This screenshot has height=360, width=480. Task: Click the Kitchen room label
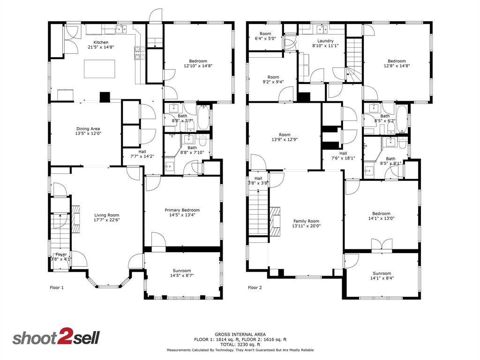tap(101, 42)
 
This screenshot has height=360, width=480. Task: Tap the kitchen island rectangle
tap(100, 69)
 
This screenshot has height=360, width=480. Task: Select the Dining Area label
tap(88, 129)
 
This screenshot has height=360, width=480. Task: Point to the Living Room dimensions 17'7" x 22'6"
tap(107, 220)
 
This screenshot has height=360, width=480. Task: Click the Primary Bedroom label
tap(182, 210)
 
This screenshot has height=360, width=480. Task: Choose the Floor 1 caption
tap(57, 287)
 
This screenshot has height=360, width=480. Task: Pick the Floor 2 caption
tap(255, 287)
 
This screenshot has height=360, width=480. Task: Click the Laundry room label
tap(325, 41)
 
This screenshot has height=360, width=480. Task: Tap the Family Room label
tap(307, 221)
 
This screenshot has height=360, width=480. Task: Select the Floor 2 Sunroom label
tap(382, 273)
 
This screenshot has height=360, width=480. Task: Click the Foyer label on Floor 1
tap(61, 255)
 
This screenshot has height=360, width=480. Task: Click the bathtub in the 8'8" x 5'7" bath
tap(203, 118)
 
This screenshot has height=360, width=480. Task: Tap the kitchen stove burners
tap(139, 52)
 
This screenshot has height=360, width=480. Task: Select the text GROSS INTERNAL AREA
tap(240, 335)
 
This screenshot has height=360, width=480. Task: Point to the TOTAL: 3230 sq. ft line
tap(240, 345)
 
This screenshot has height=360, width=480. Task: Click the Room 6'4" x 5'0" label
tap(265, 36)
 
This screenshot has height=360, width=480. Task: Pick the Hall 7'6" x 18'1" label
tap(343, 156)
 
